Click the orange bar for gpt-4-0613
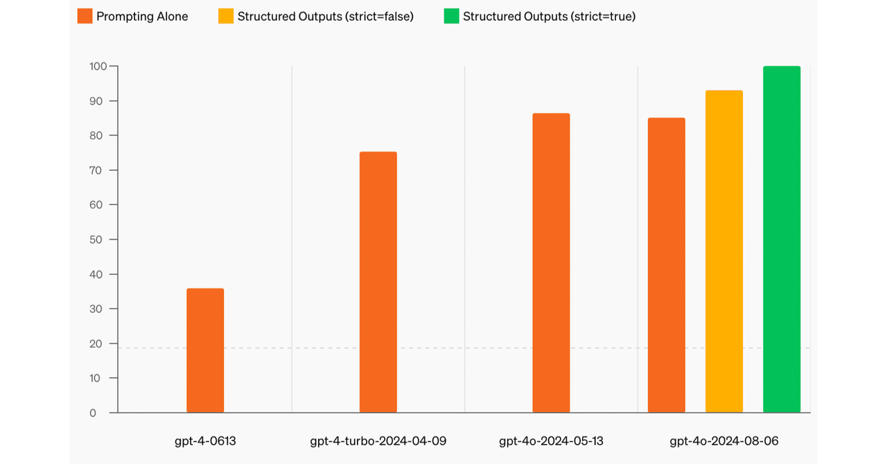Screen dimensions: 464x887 (205, 350)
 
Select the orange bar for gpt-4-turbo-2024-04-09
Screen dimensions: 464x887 (378, 282)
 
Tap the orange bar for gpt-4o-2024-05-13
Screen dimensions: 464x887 (551, 263)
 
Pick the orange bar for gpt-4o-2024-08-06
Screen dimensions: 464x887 (667, 265)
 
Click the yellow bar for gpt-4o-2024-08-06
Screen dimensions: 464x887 (724, 251)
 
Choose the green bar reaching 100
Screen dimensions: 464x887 (782, 240)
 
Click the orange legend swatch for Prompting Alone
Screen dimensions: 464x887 (85, 16)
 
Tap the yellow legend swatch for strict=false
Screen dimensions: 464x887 (226, 16)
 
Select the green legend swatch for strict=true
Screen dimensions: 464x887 (452, 16)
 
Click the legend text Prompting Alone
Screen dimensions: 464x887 (142, 16)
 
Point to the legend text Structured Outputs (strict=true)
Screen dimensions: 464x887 (549, 16)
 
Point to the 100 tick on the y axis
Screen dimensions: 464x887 (98, 66)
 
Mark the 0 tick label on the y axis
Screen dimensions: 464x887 (94, 413)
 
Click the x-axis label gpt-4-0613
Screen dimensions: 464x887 (205, 440)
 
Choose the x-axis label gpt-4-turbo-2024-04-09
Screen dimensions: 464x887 (378, 440)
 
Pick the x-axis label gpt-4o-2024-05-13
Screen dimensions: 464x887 (551, 440)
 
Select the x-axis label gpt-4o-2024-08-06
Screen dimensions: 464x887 (724, 440)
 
